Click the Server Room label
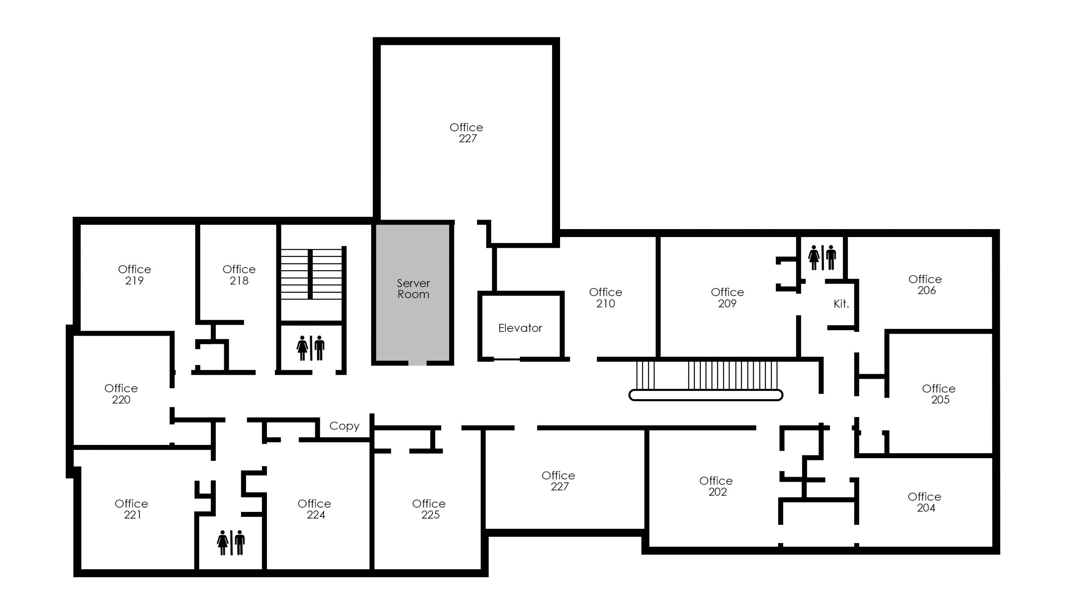point(413,289)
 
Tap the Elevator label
point(520,328)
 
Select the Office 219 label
point(134,274)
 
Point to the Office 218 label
point(239,274)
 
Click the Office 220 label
point(121,394)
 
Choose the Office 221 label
point(131,509)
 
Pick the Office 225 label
point(429,509)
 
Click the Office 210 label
point(605,297)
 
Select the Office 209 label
point(727,297)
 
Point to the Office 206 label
point(925,284)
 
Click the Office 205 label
point(939,394)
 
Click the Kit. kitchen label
point(841,303)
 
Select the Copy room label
point(344,426)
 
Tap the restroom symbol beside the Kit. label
point(822,257)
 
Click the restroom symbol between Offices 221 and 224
point(231,542)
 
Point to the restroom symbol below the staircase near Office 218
point(311,348)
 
